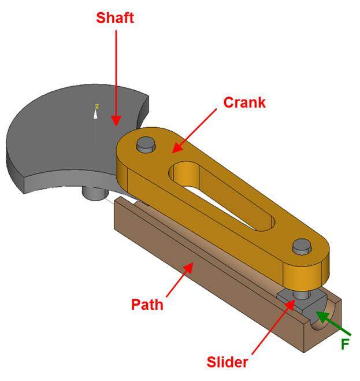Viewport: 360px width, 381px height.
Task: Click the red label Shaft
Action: [116, 18]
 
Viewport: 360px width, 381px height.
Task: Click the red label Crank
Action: [244, 103]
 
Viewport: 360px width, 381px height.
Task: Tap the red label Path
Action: [147, 304]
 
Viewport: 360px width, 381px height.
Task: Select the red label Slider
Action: [228, 363]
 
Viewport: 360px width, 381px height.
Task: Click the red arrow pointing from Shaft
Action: [116, 75]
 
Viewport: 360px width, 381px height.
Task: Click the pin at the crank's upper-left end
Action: [145, 144]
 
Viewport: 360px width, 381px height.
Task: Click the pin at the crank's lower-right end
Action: [301, 247]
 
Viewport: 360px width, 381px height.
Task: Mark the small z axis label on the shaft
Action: [97, 106]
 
